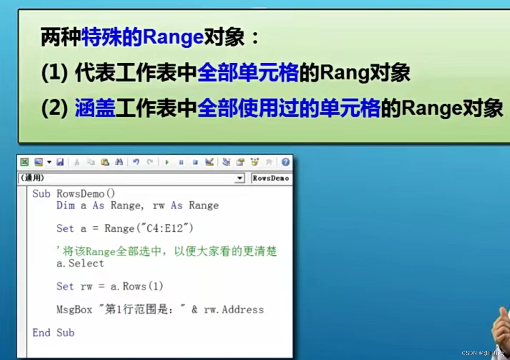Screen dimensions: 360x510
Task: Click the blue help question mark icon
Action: [x=285, y=162]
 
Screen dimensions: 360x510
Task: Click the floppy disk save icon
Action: [x=60, y=162]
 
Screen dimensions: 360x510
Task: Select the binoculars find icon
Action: [x=119, y=162]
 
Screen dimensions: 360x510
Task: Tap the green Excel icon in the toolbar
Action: [x=24, y=162]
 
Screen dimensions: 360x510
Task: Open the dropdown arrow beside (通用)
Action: [x=240, y=178]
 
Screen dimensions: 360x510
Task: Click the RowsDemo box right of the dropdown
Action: [x=271, y=178]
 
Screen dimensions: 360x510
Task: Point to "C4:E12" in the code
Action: [x=165, y=228]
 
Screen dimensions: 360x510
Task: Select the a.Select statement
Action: [x=80, y=264]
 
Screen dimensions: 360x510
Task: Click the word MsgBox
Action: [x=74, y=309]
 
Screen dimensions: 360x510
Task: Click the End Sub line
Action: [x=53, y=333]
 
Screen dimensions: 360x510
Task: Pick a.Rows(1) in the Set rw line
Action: [x=137, y=286]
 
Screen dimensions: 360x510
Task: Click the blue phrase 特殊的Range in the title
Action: [x=142, y=37]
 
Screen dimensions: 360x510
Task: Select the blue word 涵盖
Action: [x=95, y=108]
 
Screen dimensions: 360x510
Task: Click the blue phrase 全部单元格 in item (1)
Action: [x=248, y=72]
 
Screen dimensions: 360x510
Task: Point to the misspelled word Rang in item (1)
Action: [x=344, y=72]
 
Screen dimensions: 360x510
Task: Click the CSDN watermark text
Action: [x=470, y=353]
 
